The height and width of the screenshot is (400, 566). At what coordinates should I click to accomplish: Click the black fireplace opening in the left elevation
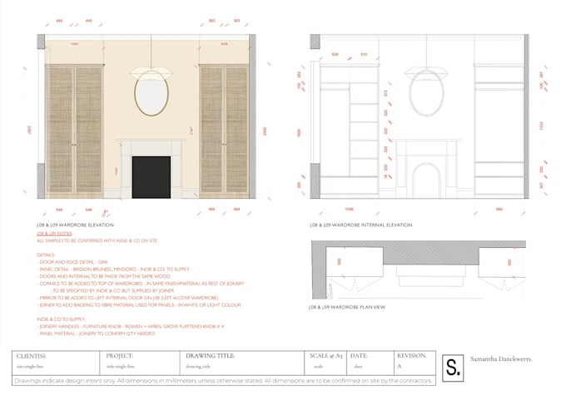coord(151,176)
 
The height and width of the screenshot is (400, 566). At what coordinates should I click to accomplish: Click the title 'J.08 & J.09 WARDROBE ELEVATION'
coord(78,225)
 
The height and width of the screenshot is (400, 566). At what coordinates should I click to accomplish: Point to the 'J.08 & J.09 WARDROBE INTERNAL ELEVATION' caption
coord(360,225)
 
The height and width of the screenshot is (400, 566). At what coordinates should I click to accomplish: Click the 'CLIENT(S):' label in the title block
coord(32,356)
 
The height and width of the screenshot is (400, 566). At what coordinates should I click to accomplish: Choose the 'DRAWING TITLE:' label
coord(211,356)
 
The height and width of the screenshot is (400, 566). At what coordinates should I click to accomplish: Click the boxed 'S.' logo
coord(454,366)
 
